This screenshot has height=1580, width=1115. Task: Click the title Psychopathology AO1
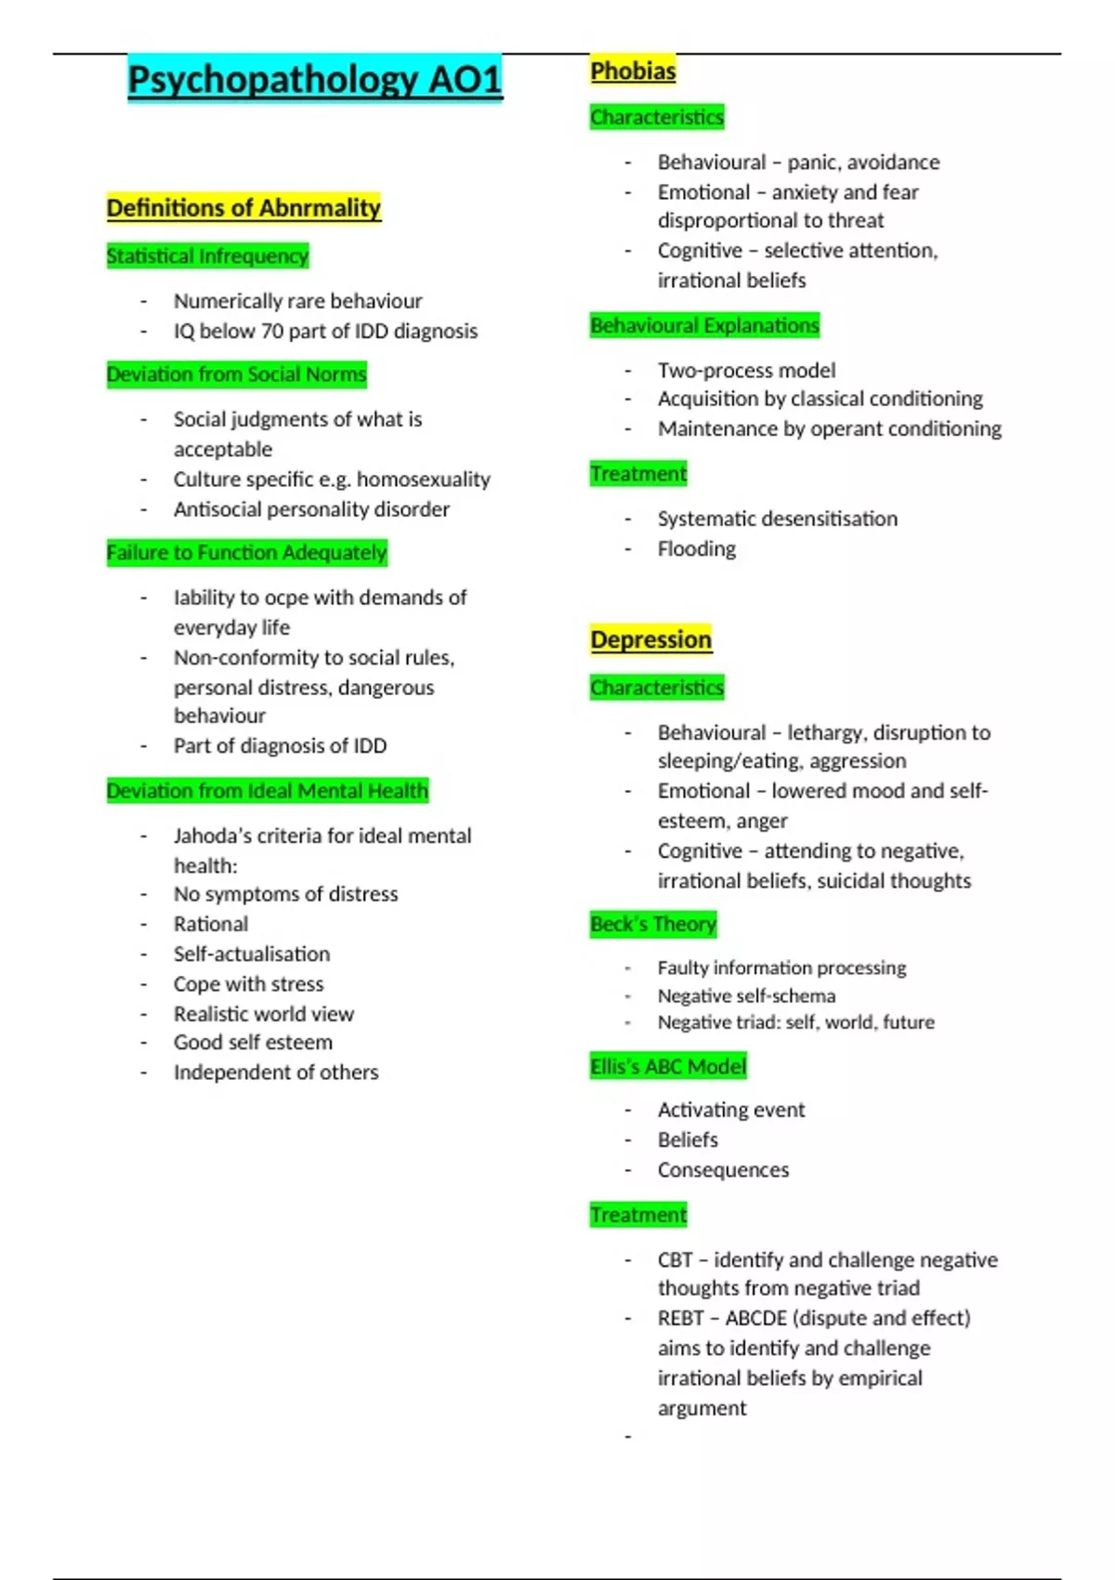315,79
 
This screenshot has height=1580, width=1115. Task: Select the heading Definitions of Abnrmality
243,208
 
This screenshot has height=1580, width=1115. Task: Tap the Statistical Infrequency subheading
207,257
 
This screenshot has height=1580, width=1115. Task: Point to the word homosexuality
424,480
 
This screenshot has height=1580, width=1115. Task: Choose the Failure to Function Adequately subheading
246,553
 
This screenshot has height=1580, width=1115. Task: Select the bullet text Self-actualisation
252,955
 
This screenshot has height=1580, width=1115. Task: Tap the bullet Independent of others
276,1073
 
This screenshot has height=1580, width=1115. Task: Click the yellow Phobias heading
633,71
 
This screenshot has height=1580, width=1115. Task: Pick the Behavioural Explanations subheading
704,325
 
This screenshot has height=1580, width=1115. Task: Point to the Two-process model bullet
746,371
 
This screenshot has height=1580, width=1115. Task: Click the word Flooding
697,549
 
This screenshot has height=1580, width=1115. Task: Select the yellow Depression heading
650,639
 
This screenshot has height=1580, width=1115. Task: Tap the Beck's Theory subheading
653,925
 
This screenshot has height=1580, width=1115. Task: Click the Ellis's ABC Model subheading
668,1066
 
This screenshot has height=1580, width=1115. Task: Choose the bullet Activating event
731,1110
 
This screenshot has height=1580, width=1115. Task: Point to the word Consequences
723,1170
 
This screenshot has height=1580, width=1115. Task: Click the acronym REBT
680,1319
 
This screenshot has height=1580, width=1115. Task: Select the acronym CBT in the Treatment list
675,1260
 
